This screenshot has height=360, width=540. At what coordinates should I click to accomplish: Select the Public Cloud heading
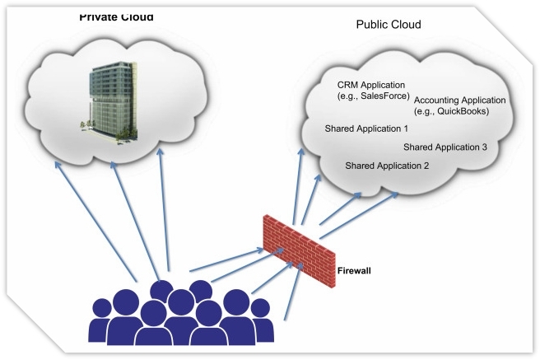[x=388, y=25]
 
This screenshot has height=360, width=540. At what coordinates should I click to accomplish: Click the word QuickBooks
[x=468, y=111]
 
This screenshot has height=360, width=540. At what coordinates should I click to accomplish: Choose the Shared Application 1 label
[x=366, y=129]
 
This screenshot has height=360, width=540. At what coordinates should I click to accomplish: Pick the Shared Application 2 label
[x=387, y=166]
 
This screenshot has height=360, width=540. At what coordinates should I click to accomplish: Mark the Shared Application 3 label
[x=445, y=147]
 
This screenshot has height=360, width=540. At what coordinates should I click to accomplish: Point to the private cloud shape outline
[x=33, y=91]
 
